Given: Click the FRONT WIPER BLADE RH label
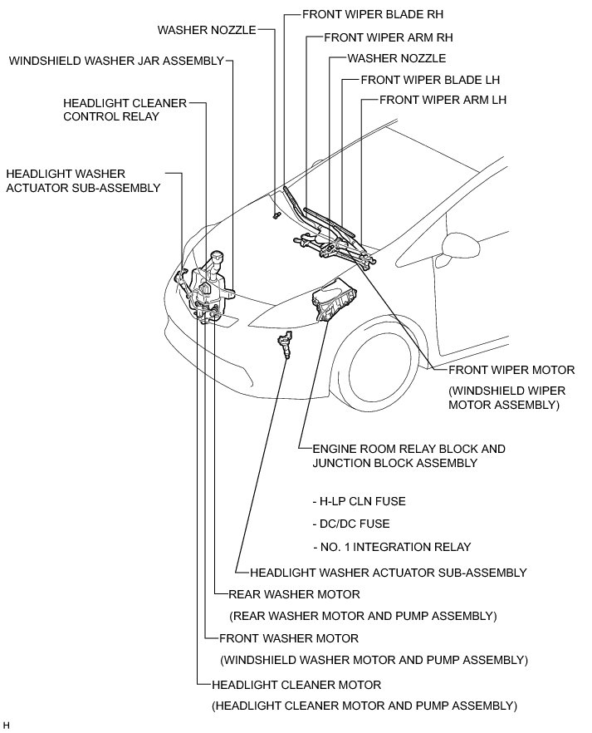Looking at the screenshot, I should click(x=361, y=15).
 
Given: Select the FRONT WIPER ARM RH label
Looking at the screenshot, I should click(x=388, y=37).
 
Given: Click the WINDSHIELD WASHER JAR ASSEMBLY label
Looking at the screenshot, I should click(x=116, y=61).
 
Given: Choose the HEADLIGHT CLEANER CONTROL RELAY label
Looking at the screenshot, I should click(x=124, y=110).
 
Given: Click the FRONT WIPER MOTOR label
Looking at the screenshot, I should click(x=511, y=370).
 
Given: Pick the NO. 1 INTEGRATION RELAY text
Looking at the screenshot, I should click(x=392, y=547).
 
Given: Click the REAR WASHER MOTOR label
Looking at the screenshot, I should click(x=294, y=594).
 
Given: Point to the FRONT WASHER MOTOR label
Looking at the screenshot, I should click(x=289, y=638).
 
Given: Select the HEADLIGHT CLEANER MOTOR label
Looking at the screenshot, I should click(x=296, y=685).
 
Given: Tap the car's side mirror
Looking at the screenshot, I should click(x=457, y=244).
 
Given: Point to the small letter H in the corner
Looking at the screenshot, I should click(x=6, y=726).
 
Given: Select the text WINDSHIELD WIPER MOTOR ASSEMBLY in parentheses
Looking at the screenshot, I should click(x=504, y=398).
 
